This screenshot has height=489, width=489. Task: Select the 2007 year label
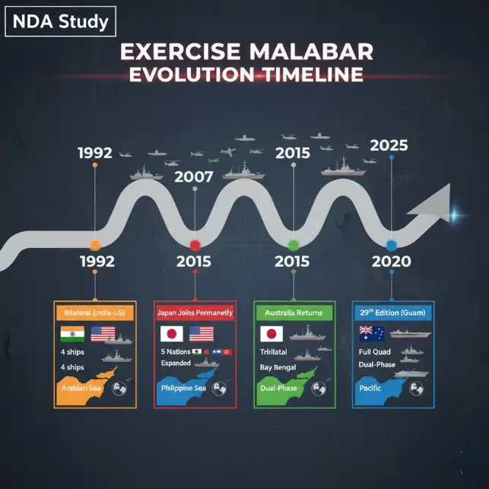pos(195,178)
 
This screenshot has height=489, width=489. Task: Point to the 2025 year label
pos(388,145)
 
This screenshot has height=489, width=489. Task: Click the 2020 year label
pos(392,262)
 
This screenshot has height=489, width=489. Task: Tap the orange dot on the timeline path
pos(94,245)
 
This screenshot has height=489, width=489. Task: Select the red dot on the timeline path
pos(195,245)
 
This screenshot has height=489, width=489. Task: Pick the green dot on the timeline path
pos(294,245)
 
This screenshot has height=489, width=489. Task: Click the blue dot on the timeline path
pos(392,245)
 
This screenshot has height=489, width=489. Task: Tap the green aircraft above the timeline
pos(214,160)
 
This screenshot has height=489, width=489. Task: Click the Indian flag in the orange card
pos(71,334)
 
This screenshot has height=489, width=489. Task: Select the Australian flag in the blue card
pos(371,332)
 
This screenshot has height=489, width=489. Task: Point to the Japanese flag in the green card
pos(271,334)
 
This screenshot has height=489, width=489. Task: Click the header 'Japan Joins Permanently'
pos(195,313)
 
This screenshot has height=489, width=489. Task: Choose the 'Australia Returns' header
pos(294,313)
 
